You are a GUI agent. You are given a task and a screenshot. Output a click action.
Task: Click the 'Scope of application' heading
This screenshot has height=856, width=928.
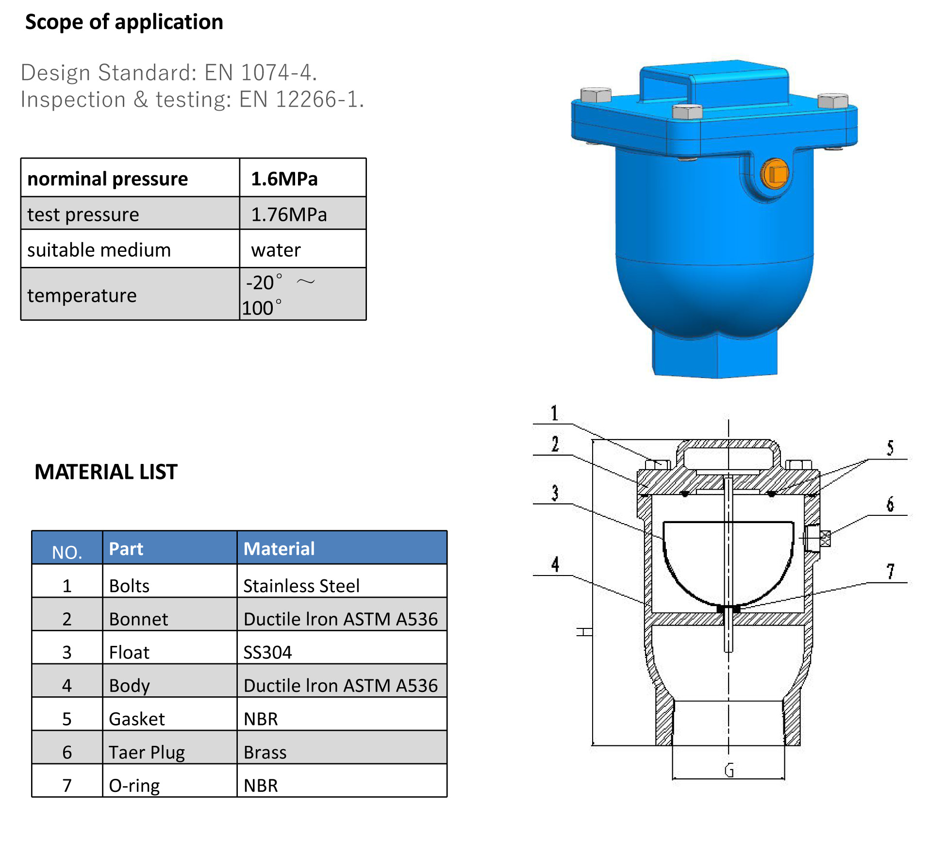click(124, 22)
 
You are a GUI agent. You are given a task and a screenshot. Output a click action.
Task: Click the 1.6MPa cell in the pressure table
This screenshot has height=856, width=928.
click(284, 179)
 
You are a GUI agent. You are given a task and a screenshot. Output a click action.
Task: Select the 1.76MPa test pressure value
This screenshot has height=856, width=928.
click(289, 214)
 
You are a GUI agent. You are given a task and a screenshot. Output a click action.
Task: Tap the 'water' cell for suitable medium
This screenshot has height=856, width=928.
click(276, 250)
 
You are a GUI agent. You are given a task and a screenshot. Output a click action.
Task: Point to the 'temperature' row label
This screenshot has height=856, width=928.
click(82, 296)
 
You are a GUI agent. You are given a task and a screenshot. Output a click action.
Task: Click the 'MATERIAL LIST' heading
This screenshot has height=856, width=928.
click(106, 472)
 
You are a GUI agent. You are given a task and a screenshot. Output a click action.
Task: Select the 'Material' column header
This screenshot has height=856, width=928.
click(279, 549)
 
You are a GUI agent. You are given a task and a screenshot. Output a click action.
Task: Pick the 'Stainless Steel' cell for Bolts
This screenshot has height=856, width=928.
click(301, 586)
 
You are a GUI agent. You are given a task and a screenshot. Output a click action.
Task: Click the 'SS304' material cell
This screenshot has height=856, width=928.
click(267, 653)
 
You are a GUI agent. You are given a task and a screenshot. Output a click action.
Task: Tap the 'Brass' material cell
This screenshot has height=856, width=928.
click(265, 753)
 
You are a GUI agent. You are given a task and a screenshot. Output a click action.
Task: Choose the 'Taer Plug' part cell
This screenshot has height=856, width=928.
click(147, 753)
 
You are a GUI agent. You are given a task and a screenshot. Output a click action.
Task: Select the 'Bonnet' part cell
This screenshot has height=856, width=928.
click(139, 619)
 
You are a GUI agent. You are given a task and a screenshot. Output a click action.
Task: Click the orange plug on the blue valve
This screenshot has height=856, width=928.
click(775, 174)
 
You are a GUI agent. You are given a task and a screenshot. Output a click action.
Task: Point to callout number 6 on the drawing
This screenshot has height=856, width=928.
click(890, 504)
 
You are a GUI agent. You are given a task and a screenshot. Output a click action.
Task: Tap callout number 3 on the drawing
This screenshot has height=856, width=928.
click(555, 493)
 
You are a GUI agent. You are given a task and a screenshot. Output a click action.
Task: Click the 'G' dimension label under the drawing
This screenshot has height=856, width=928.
click(729, 770)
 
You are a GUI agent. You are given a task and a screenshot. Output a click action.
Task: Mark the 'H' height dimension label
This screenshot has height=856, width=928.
click(584, 632)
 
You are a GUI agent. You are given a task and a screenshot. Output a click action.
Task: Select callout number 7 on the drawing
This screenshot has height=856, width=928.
click(890, 572)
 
